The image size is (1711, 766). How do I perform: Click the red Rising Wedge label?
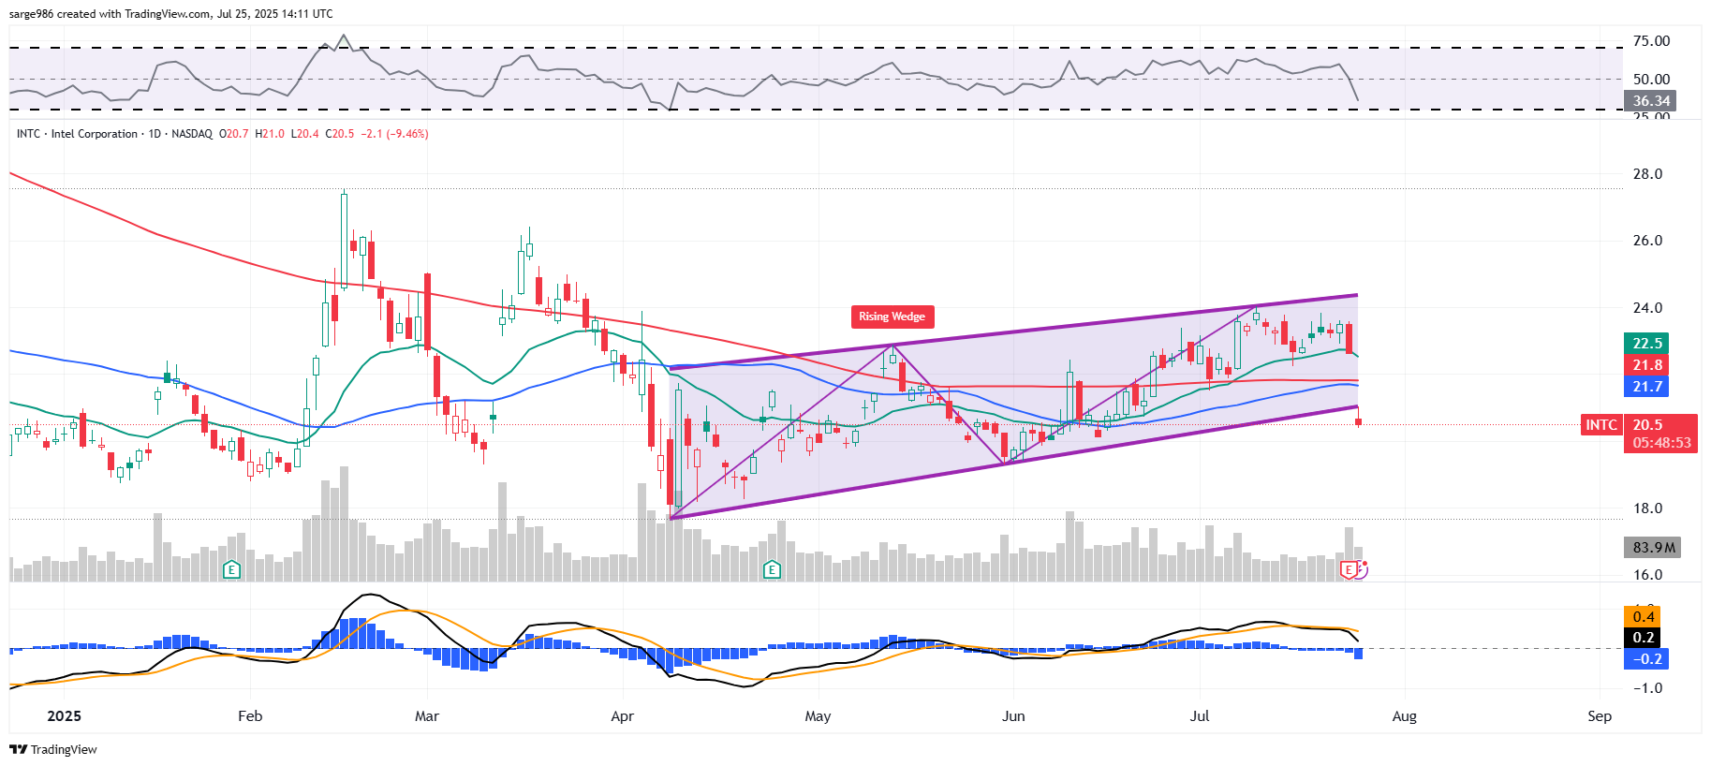(x=892, y=317)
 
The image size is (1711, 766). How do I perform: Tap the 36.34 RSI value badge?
(x=1651, y=101)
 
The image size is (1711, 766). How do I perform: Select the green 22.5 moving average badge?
(x=1647, y=344)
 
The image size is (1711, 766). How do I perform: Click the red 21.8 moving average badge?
(x=1647, y=365)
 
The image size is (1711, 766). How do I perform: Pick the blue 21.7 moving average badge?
(x=1647, y=387)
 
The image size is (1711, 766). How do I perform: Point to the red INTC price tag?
(x=1600, y=425)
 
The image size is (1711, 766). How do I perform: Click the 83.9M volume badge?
(x=1653, y=548)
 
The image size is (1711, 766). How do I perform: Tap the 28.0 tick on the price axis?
(x=1647, y=174)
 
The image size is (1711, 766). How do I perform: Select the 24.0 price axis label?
(x=1647, y=308)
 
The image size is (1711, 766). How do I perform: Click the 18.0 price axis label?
(x=1647, y=508)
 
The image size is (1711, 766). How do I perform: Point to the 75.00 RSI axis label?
(x=1651, y=41)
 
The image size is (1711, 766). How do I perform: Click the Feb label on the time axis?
(x=250, y=716)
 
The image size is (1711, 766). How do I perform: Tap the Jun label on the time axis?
(x=1013, y=716)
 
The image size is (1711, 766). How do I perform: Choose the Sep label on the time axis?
(x=1600, y=716)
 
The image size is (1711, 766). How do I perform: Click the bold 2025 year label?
(x=64, y=716)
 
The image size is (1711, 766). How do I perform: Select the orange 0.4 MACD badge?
(x=1644, y=617)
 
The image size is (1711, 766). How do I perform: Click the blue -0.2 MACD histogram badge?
(x=1647, y=659)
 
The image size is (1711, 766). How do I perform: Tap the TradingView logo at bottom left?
(x=53, y=749)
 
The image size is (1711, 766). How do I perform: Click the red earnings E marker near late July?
(x=1349, y=569)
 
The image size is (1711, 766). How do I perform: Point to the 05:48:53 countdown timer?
(x=1661, y=443)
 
